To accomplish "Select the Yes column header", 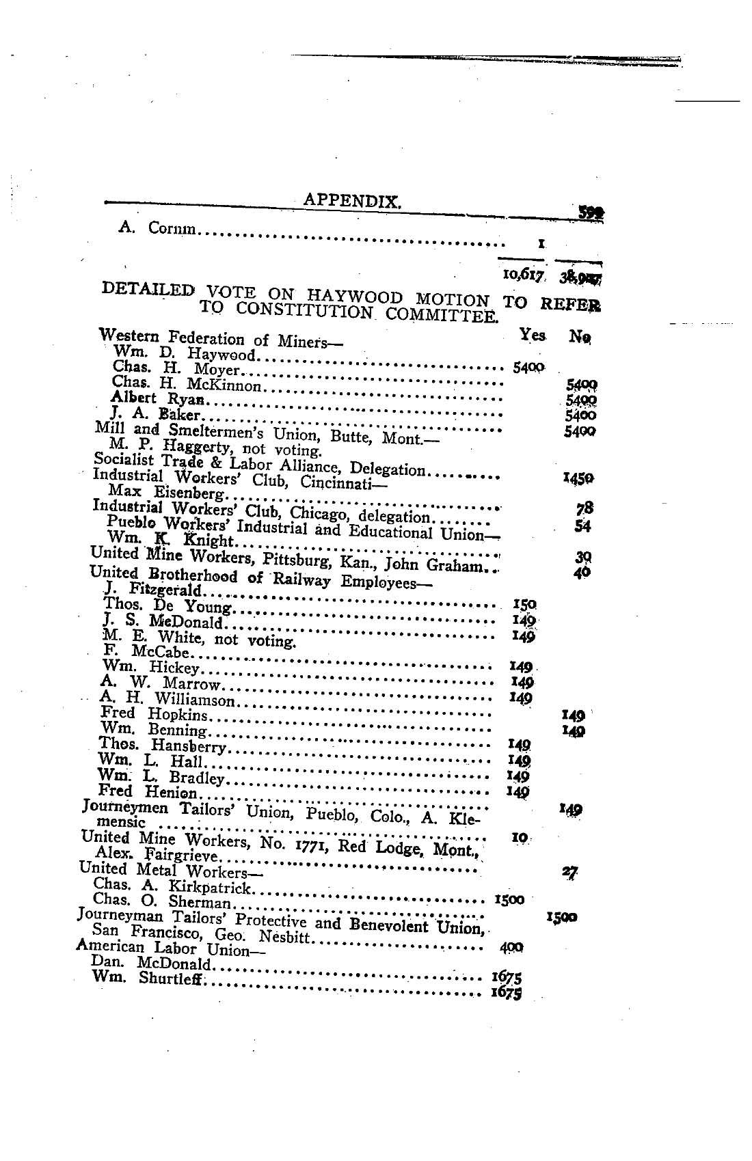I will pos(532,334).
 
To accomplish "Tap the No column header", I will pos(581,336).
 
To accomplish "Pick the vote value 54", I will pos(582,526).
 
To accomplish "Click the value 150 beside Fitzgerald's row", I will pos(524,604).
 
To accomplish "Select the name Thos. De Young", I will pos(167,605).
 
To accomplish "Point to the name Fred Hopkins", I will pos(153,714).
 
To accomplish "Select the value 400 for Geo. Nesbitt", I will pos(511,948).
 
